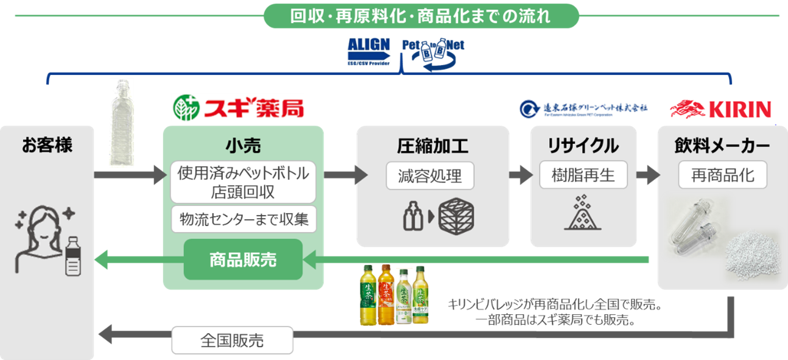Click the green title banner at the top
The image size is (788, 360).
421,16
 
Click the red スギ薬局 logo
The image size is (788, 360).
238,107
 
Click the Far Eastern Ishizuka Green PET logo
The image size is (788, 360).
583,108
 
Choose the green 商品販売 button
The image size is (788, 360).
243,260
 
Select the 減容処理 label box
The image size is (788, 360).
430,176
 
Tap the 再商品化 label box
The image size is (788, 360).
723,176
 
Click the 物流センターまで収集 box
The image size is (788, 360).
243,219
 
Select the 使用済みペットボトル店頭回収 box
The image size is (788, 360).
243,182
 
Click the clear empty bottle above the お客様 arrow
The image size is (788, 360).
124,124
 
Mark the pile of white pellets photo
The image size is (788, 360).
751,256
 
